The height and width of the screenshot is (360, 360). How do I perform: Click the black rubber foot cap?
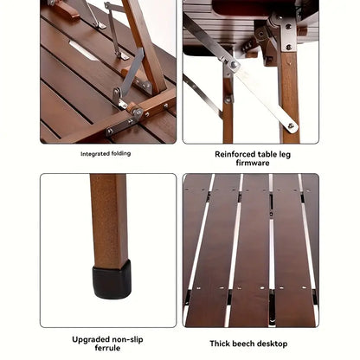112,280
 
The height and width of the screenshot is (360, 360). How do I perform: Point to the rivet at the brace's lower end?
291,126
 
